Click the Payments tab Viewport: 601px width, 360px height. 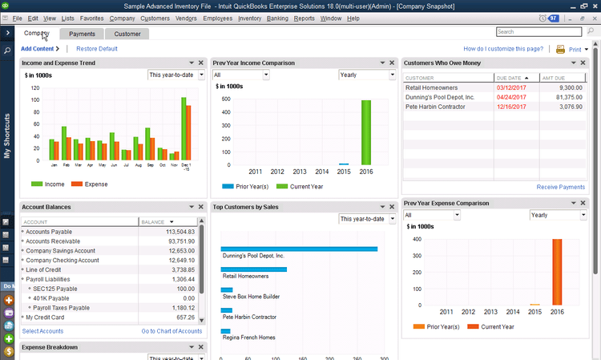click(82, 34)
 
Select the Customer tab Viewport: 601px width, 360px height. click(127, 34)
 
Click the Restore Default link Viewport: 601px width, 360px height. click(96, 49)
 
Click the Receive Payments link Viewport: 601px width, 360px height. click(560, 187)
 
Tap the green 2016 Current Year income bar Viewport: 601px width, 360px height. click(366, 132)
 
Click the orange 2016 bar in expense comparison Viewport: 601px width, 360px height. click(557, 272)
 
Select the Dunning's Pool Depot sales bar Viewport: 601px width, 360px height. click(298, 249)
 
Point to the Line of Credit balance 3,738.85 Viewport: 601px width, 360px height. click(179, 270)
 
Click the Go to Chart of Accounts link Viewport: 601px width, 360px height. click(171, 331)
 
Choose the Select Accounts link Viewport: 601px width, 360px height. click(42, 331)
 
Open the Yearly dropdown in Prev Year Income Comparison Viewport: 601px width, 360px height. click(364, 75)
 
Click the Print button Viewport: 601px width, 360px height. click(571, 49)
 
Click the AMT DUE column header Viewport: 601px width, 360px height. click(555, 78)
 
